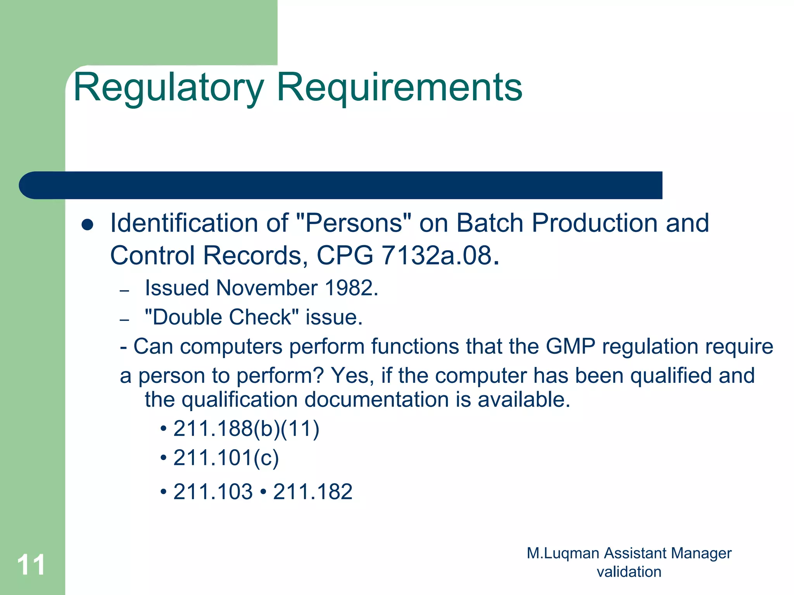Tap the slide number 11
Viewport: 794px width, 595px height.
(x=31, y=565)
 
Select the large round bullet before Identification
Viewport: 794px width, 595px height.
(x=88, y=225)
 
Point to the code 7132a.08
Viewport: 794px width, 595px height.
(x=437, y=256)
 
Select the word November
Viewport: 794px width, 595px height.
(x=267, y=288)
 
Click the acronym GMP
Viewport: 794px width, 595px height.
(x=570, y=346)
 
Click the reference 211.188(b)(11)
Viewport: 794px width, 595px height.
(x=246, y=429)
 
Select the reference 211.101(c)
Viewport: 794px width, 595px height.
(x=226, y=458)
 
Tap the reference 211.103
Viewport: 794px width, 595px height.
(x=213, y=492)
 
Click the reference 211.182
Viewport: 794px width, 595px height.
(x=312, y=492)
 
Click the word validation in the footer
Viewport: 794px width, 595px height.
(x=629, y=572)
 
